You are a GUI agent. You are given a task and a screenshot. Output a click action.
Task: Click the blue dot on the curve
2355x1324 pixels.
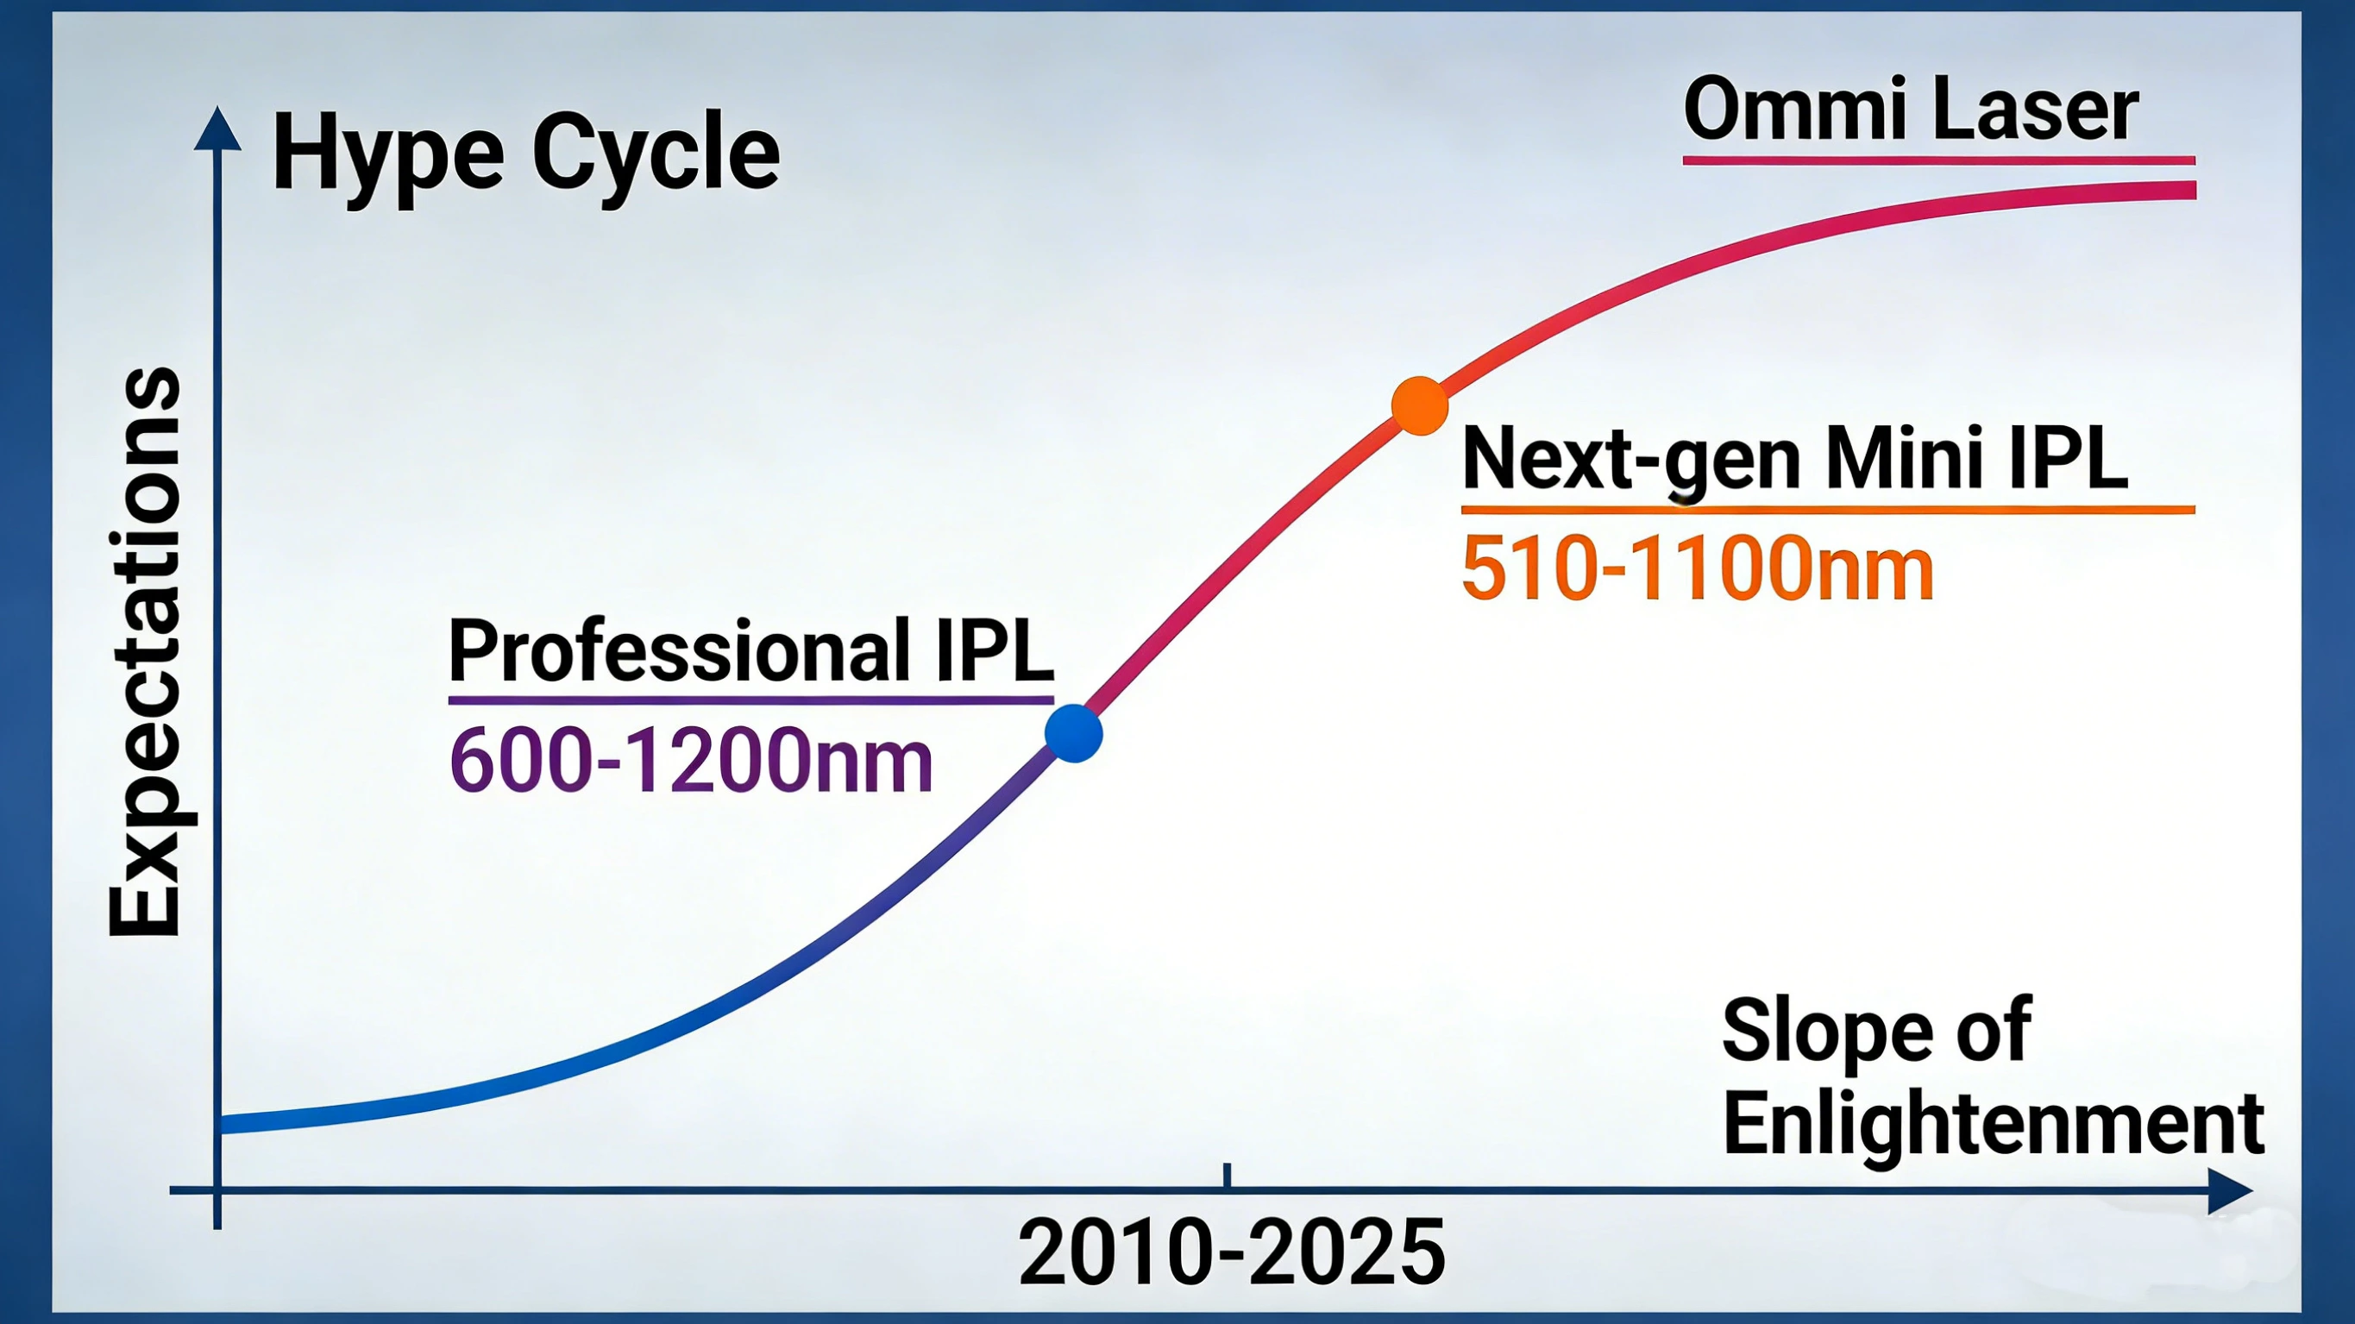click(1073, 733)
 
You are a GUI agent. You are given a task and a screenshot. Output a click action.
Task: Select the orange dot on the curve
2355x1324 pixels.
click(1419, 405)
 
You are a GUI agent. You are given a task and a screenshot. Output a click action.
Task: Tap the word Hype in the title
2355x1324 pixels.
click(387, 155)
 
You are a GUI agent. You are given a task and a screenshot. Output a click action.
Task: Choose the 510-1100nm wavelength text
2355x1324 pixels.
click(1698, 568)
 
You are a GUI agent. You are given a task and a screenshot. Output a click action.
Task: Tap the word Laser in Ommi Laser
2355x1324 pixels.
click(2043, 110)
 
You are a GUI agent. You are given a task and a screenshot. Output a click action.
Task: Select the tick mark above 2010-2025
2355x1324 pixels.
click(1227, 1176)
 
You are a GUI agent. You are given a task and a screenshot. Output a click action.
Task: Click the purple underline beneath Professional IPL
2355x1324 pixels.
click(750, 700)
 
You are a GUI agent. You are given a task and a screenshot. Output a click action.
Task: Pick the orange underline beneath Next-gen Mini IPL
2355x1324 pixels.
click(1828, 509)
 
